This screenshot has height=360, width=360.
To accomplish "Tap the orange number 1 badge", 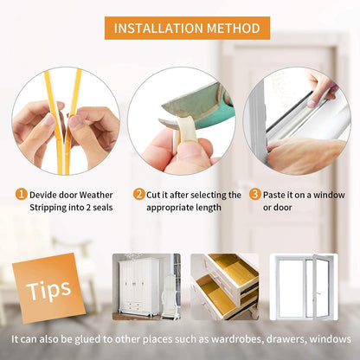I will pyautogui.click(x=20, y=195).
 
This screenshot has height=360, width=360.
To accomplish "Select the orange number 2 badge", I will pyautogui.click(x=138, y=195).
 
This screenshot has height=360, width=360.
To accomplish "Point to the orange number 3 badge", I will pyautogui.click(x=255, y=195).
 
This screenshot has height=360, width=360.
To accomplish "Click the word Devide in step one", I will pyautogui.click(x=46, y=196).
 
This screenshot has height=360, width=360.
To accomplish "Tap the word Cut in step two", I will pyautogui.click(x=156, y=196).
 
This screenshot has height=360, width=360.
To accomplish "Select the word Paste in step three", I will pyautogui.click(x=279, y=196).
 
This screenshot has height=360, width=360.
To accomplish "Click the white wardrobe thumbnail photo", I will pyautogui.click(x=146, y=286).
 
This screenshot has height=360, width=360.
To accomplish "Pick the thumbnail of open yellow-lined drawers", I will pyautogui.click(x=224, y=286).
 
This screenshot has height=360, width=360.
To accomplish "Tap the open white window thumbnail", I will pyautogui.click(x=304, y=285).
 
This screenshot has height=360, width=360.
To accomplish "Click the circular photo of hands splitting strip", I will pyautogui.click(x=66, y=121).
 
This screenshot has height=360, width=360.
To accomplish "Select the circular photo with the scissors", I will pyautogui.click(x=182, y=121).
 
